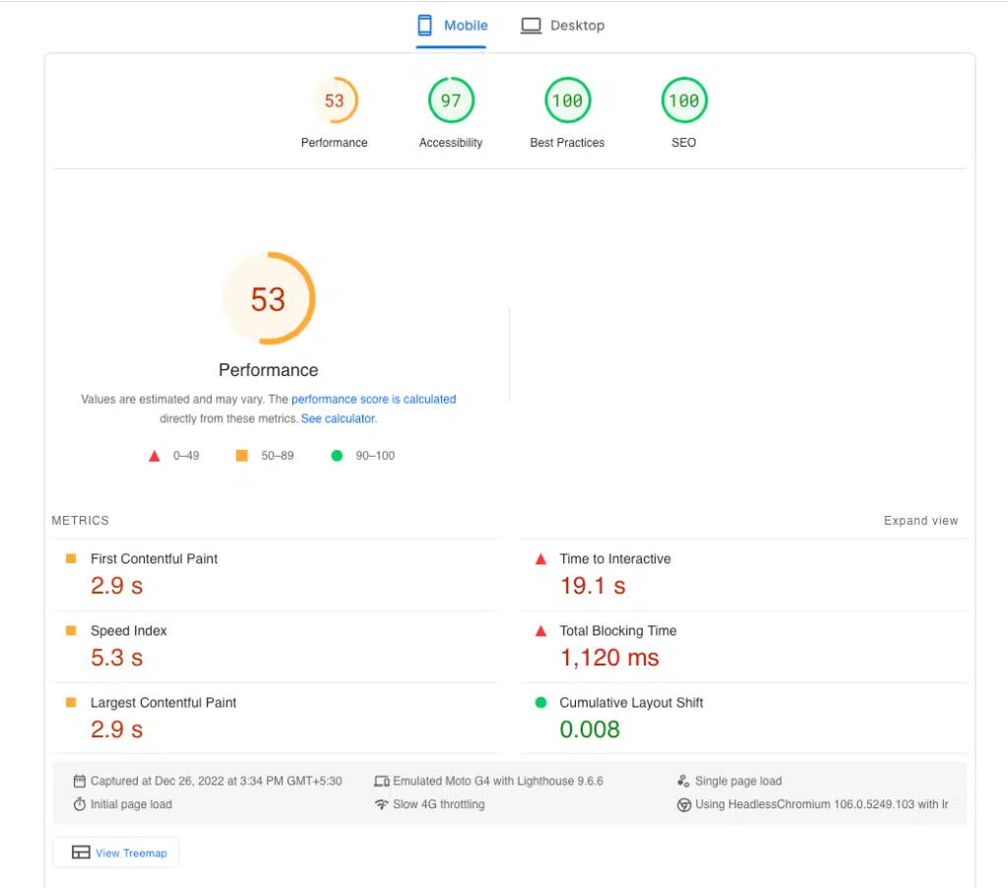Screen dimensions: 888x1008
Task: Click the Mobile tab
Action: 453,26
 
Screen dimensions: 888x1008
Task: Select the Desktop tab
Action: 563,26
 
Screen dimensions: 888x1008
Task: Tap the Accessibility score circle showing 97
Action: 451,100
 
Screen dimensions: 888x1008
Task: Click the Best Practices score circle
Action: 567,100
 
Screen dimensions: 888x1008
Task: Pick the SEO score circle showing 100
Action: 683,100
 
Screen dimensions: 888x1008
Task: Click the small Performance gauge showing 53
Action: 335,100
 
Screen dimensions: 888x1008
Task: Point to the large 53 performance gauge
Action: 268,299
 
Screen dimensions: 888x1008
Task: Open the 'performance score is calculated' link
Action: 373,400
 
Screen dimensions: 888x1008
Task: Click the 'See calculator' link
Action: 338,418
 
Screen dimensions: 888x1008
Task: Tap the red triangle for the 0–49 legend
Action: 154,456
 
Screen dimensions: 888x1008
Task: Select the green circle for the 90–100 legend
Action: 337,456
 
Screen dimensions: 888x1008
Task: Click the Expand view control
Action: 920,521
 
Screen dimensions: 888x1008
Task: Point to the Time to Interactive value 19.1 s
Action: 593,586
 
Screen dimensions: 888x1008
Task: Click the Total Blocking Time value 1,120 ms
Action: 609,658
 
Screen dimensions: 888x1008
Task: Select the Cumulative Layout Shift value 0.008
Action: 590,729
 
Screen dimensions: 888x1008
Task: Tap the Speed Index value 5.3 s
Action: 116,658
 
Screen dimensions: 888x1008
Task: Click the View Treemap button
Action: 116,853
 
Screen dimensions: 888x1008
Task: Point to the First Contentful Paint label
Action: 154,558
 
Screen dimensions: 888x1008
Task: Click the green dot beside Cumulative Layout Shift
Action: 539,703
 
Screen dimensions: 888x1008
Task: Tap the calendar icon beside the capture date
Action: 80,781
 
